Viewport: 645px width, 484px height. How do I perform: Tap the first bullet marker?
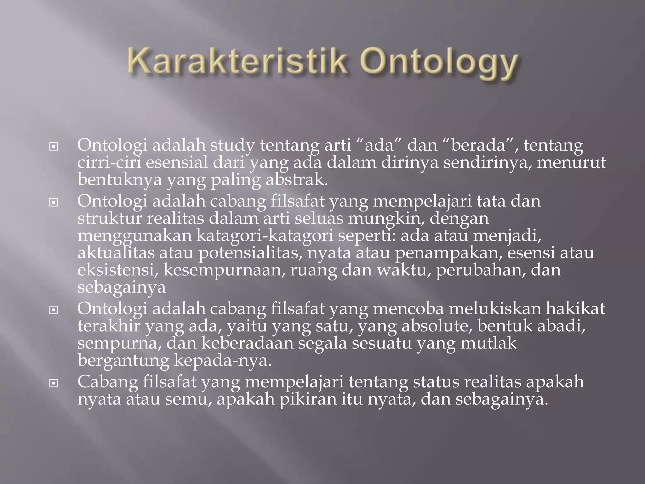(x=54, y=147)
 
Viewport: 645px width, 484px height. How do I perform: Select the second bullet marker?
(x=54, y=202)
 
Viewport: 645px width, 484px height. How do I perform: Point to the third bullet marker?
(x=54, y=310)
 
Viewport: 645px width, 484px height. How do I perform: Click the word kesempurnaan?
(x=224, y=270)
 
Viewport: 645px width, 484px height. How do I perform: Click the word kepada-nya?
(x=222, y=361)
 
